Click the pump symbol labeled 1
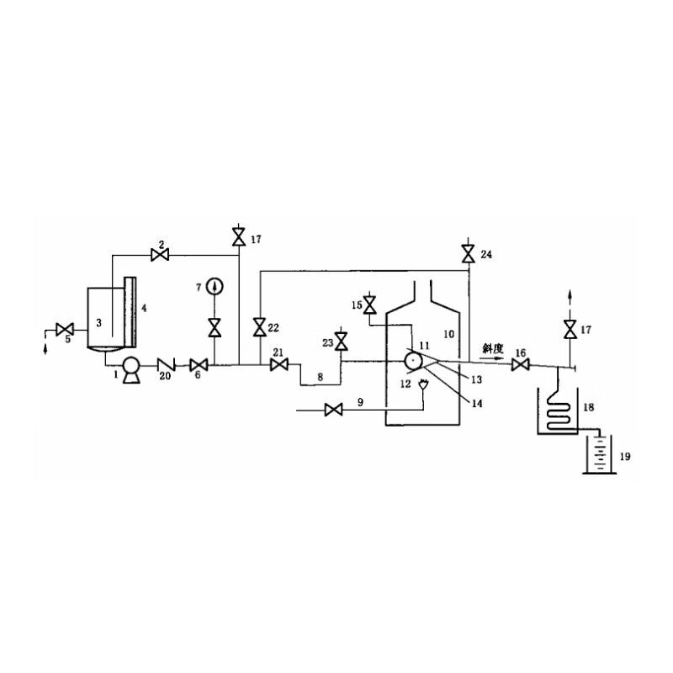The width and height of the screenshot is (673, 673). click(131, 370)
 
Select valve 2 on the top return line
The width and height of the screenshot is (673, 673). click(160, 255)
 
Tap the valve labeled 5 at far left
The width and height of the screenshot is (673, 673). click(65, 330)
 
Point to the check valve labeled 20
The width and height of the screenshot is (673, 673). click(166, 365)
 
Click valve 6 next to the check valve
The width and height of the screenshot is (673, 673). click(199, 365)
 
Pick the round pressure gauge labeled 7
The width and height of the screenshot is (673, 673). click(215, 287)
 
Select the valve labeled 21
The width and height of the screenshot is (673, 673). click(279, 365)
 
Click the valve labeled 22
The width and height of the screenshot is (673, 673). click(260, 327)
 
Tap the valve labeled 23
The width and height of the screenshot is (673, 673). click(342, 342)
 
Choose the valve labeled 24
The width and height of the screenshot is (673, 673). click(468, 254)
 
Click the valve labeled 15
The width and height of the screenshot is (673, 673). click(369, 305)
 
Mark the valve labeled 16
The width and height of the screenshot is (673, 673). click(520, 366)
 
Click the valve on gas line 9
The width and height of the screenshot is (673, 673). click(333, 410)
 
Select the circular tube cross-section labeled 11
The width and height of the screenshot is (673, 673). click(413, 362)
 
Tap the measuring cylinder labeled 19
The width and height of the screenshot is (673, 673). click(600, 454)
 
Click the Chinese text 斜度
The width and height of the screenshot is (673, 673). click(492, 348)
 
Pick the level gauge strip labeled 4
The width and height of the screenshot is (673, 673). click(130, 312)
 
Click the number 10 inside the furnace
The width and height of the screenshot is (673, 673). click(448, 334)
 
